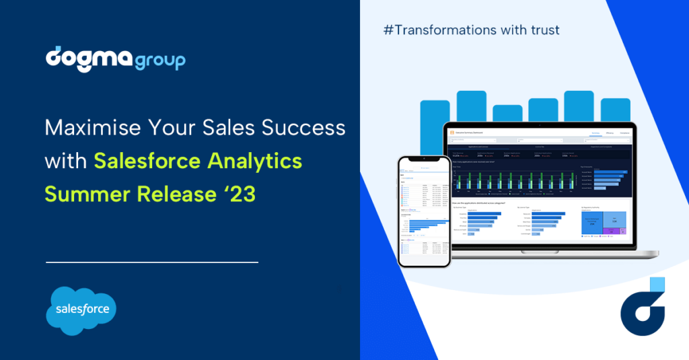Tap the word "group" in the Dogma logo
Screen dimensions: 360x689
point(159,62)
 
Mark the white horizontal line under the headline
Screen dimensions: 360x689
point(152,262)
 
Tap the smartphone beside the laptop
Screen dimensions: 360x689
point(423,212)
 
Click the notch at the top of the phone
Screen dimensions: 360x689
point(423,161)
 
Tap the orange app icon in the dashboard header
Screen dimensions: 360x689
point(453,133)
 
